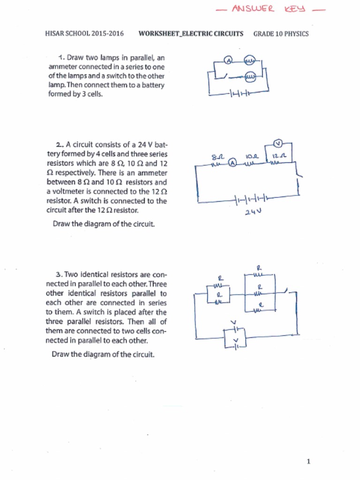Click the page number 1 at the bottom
click(x=308, y=461)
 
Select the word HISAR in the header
click(x=54, y=34)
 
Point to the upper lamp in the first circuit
click(x=250, y=61)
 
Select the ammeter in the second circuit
click(x=232, y=163)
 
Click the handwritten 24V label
click(x=252, y=212)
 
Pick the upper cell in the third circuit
click(x=237, y=328)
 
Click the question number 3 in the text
click(x=58, y=274)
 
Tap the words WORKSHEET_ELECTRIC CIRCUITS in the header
click(x=191, y=34)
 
